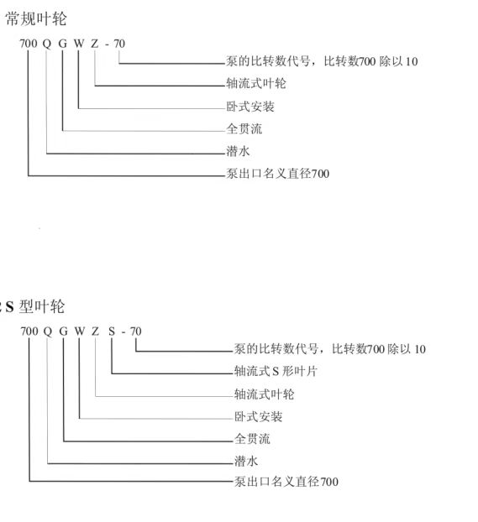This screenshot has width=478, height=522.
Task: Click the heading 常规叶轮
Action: pyautogui.click(x=36, y=18)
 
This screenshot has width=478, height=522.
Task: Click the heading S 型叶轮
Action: pyautogui.click(x=34, y=306)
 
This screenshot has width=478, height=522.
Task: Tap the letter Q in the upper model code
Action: pyautogui.click(x=47, y=44)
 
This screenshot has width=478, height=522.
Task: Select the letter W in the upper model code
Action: pyautogui.click(x=79, y=44)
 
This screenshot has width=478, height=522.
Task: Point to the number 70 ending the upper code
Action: pyautogui.click(x=119, y=44)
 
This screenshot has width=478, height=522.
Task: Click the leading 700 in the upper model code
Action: pyautogui.click(x=29, y=44)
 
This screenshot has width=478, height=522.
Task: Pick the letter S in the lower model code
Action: pyautogui.click(x=112, y=331)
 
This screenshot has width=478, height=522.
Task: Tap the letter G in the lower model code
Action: pyautogui.click(x=63, y=331)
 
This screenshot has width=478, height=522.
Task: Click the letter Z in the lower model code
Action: pyautogui.click(x=95, y=331)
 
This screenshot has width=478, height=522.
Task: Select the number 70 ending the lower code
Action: pyautogui.click(x=135, y=331)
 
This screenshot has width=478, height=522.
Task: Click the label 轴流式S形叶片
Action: pyautogui.click(x=276, y=371)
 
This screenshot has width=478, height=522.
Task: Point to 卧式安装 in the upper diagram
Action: pyautogui.click(x=250, y=107)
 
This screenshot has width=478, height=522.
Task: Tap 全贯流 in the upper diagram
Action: pyautogui.click(x=244, y=129)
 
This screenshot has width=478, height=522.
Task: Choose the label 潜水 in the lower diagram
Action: pyautogui.click(x=246, y=461)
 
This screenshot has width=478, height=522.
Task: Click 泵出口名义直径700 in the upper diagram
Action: pyautogui.click(x=278, y=174)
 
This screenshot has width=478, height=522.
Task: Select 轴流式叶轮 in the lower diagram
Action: pyautogui.click(x=265, y=394)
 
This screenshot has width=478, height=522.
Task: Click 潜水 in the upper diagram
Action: pyautogui.click(x=238, y=151)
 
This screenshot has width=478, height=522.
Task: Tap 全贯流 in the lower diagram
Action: pyautogui.click(x=252, y=439)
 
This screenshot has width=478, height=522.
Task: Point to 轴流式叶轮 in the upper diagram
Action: pyautogui.click(x=256, y=83)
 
